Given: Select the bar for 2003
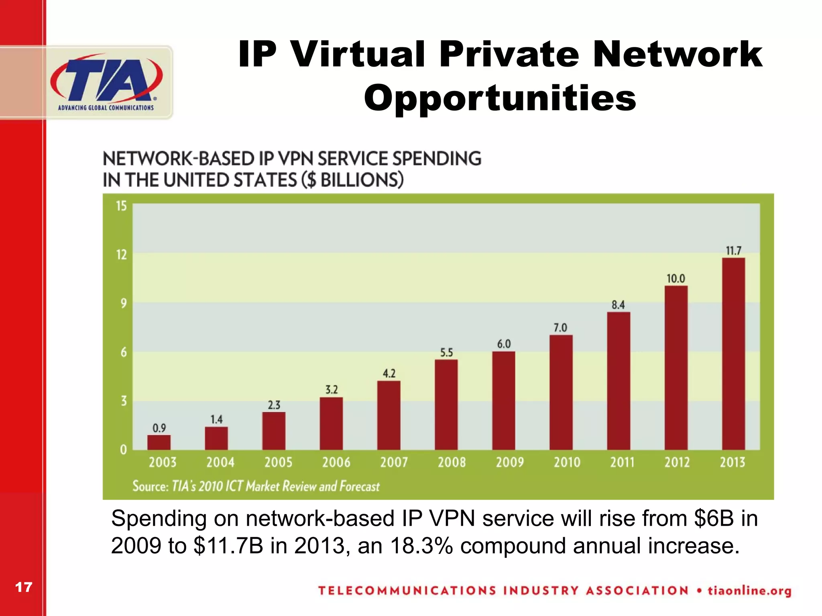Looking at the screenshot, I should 159,442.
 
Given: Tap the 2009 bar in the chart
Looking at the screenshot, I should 504,401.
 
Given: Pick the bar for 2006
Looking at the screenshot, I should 331,423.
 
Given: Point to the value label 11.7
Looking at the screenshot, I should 733,251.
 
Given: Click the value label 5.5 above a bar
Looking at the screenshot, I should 446,353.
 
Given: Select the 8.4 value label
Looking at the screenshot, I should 618,305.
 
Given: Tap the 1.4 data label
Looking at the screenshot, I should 216,420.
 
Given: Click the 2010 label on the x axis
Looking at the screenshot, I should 567,463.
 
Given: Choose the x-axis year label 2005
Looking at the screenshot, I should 278,463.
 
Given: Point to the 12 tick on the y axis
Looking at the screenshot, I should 121,255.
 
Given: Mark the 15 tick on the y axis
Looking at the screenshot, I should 121,206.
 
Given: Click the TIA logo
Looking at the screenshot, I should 106,82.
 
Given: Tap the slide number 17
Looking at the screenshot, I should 23,588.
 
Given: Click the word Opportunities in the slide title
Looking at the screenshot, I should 500,98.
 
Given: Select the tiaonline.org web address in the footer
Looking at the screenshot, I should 749,591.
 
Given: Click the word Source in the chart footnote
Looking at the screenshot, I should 150,486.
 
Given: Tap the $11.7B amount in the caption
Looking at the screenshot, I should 228,546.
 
